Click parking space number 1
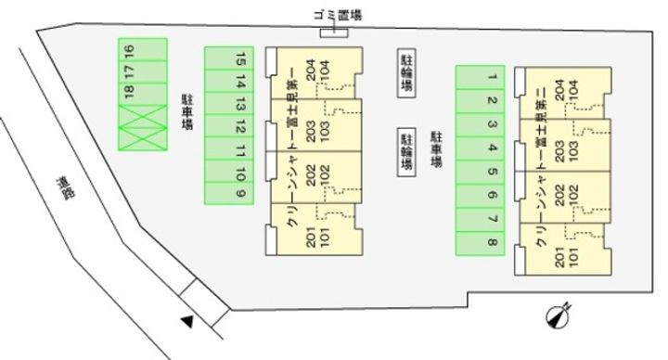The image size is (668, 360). [492, 77]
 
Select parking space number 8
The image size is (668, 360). [492, 243]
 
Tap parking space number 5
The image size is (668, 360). [492, 172]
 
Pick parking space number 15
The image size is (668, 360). [240, 58]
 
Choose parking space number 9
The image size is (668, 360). [240, 194]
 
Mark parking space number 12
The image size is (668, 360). [240, 126]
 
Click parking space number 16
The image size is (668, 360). [130, 48]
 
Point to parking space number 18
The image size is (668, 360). [130, 91]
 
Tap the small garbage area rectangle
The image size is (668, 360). [332, 34]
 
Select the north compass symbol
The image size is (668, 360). [559, 316]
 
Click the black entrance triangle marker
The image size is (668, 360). [186, 322]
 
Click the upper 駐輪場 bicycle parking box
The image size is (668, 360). [406, 71]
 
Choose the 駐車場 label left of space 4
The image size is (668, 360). [434, 148]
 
